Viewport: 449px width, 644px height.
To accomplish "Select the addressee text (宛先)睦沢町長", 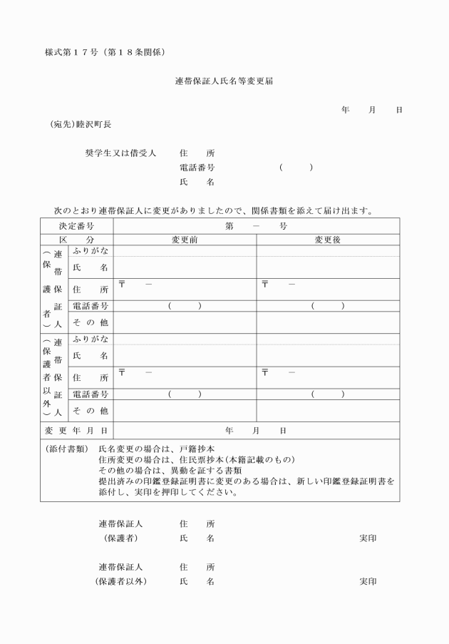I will point(81,124).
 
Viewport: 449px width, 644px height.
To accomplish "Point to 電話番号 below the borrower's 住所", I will point(197,168).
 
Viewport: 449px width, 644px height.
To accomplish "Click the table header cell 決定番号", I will point(76,226).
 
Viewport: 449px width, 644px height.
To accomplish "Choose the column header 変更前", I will point(185,240).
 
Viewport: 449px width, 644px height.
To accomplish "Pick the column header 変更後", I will point(328,240).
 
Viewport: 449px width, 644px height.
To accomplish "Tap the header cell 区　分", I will point(76,240).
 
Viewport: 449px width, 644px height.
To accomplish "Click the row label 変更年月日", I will point(76,431).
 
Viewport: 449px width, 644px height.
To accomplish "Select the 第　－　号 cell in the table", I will point(256,226).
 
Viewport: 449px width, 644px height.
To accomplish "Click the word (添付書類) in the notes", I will point(66,449).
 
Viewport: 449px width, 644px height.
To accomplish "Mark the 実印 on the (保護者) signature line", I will point(368,538).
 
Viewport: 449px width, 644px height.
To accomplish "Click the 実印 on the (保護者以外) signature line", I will point(368,582).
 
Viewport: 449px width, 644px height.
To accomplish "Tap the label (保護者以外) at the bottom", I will point(121,582).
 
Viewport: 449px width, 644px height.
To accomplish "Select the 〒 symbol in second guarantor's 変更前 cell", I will point(123,372).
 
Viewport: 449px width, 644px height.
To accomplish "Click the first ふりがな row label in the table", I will point(91,250).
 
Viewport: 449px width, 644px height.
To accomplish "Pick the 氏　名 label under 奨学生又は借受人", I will point(197,183).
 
